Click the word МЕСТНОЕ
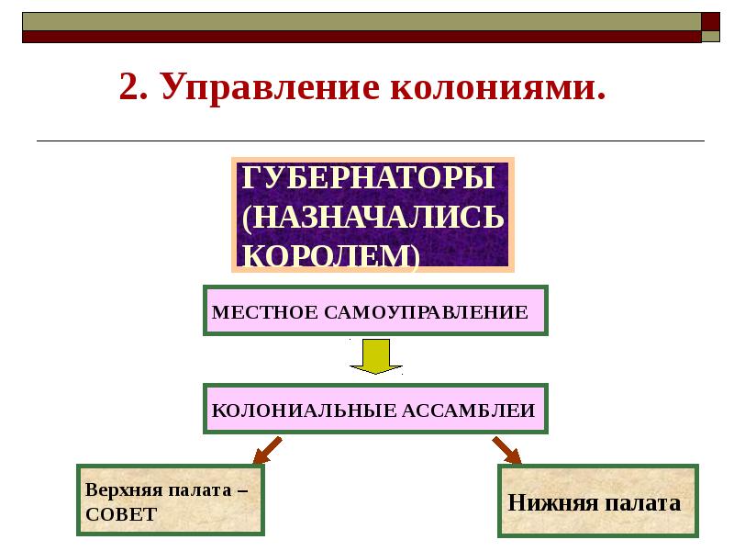[x=264, y=312]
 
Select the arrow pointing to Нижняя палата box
[x=506, y=450]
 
